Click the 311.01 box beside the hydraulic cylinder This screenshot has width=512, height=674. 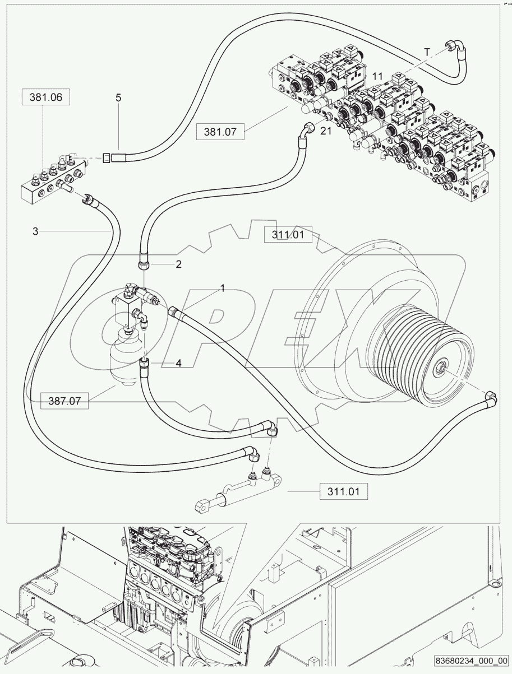344,492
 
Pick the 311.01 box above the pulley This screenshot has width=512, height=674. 288,235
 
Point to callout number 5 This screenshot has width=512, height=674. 118,97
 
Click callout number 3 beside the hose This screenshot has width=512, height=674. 35,231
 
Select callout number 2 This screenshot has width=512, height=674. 178,264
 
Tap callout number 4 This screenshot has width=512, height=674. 178,363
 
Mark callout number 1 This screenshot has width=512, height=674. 222,288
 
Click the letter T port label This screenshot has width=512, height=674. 427,52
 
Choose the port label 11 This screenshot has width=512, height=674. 377,75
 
